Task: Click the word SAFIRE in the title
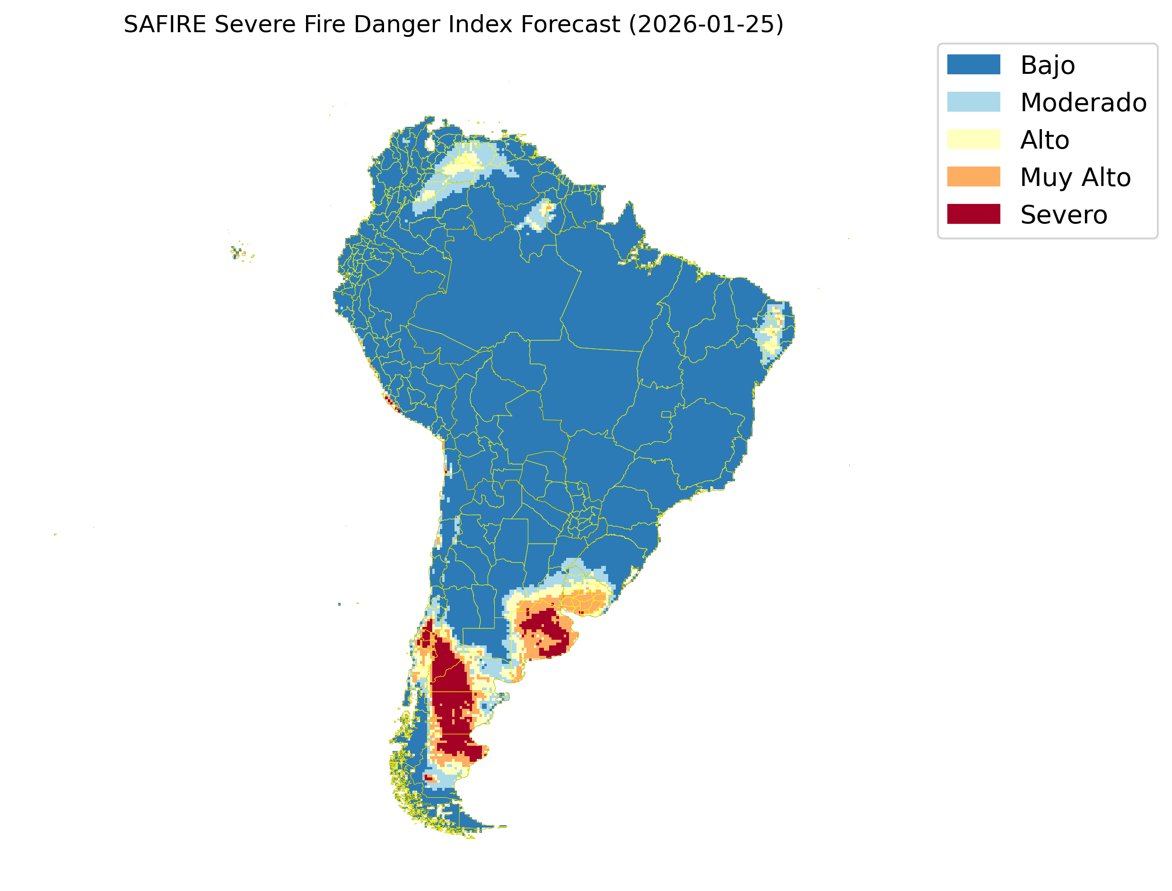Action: click(x=164, y=25)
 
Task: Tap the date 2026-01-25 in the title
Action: click(x=706, y=25)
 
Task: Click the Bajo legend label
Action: click(x=1048, y=65)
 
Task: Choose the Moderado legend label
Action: click(x=1084, y=102)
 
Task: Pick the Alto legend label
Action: click(x=1044, y=140)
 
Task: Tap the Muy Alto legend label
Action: click(x=1075, y=177)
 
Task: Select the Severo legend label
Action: click(x=1063, y=215)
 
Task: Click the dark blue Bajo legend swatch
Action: click(x=973, y=65)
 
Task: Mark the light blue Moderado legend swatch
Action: click(x=973, y=102)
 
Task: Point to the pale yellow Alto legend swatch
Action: click(x=973, y=140)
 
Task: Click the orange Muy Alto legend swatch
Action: click(x=973, y=176)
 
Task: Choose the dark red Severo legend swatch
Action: click(x=973, y=214)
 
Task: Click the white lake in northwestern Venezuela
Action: click(x=430, y=144)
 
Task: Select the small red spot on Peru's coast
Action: click(x=391, y=403)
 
